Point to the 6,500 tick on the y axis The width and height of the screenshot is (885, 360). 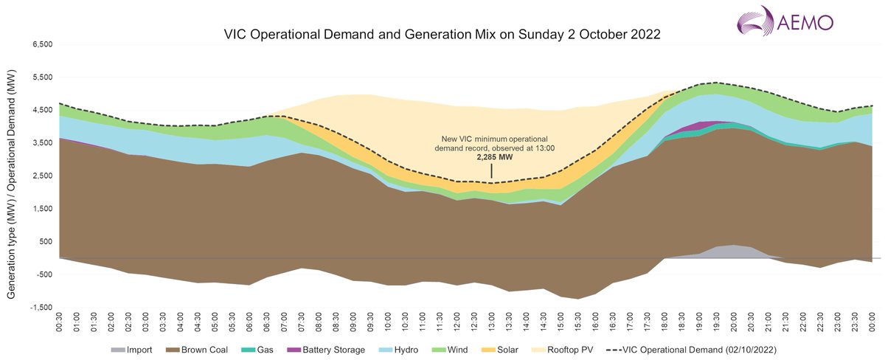tap(43, 45)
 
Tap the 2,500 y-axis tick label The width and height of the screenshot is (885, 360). tap(43, 176)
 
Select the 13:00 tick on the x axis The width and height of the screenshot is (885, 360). tap(492, 321)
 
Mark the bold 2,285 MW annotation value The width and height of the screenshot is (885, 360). tap(493, 157)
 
